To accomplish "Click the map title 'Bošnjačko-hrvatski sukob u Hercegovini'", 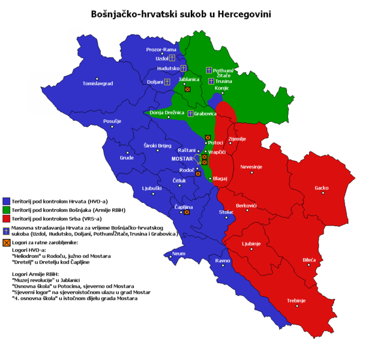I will [x=181, y=13].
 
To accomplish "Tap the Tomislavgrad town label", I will [x=98, y=83].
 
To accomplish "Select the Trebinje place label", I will [x=296, y=300].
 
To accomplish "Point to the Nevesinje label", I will [x=252, y=166].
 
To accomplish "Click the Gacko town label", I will [x=322, y=188].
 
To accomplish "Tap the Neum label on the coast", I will [x=178, y=254].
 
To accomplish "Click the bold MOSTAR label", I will [x=182, y=159].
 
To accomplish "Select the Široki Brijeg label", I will [x=158, y=146].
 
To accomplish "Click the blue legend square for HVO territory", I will [x=7, y=201].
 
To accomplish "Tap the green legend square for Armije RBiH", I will [x=7, y=210].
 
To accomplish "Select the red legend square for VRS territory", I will [x=7, y=219].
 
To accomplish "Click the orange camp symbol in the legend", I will [x=7, y=242].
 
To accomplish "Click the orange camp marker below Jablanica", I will [x=187, y=89].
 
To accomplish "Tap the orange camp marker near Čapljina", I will [x=187, y=212].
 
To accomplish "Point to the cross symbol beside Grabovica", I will [x=190, y=113].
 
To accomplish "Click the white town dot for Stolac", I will [x=226, y=217].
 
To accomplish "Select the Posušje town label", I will [x=112, y=121].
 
